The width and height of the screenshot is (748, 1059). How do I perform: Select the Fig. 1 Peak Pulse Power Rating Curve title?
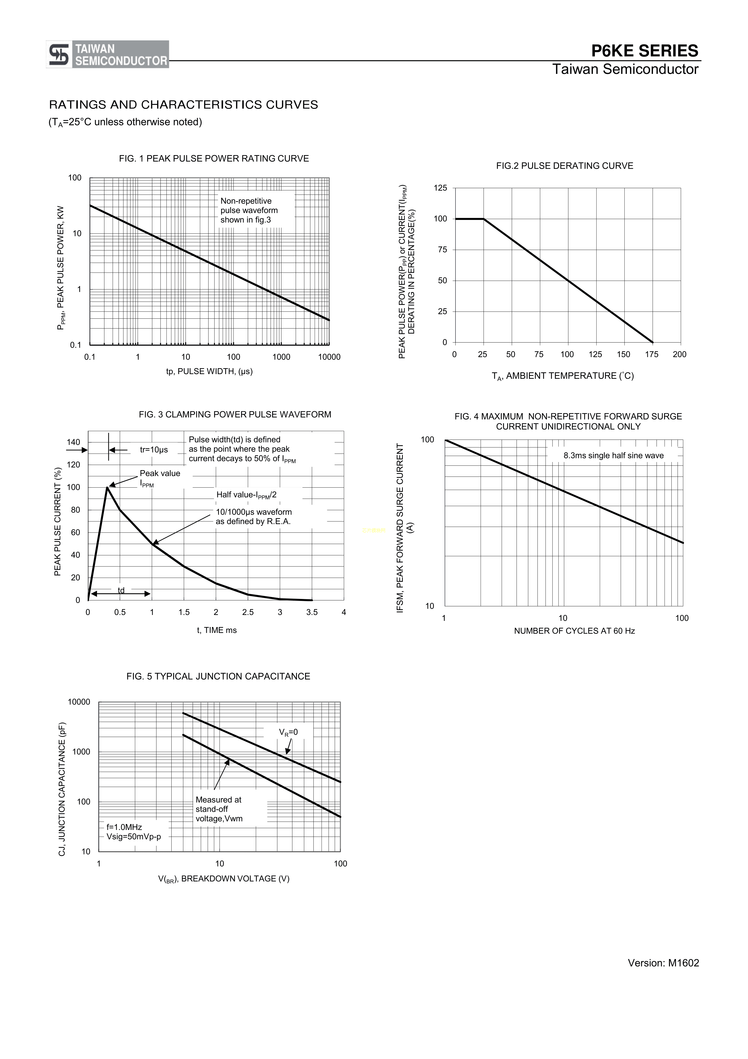214,159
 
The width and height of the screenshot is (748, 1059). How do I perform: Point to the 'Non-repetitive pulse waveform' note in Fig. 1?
249,210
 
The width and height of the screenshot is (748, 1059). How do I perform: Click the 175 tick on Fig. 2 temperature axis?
652,354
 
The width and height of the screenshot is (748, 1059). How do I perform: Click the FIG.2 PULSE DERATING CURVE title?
565,166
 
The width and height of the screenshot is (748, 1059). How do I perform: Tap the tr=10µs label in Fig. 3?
154,450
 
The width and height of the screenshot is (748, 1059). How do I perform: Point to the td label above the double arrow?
121,590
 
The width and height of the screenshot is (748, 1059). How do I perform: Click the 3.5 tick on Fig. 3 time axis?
312,612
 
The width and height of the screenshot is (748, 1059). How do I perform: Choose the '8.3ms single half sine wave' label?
613,456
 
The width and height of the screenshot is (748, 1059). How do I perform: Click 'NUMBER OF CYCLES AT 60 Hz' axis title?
574,631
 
